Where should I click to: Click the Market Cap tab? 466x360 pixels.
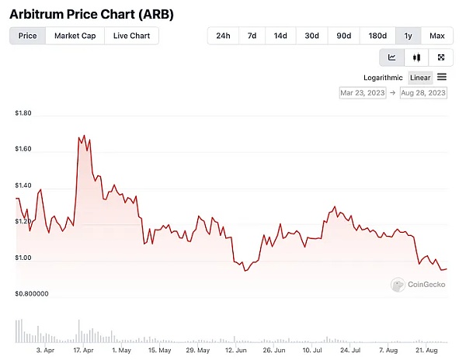[75, 36]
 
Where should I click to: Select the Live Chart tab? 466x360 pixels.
[131, 36]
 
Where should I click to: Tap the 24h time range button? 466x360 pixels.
[223, 36]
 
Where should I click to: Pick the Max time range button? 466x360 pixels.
[436, 36]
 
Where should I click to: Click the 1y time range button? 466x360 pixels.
[408, 36]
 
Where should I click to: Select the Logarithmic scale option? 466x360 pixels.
[383, 78]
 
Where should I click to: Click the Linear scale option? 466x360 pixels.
[420, 78]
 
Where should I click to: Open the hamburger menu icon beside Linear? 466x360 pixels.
[442, 77]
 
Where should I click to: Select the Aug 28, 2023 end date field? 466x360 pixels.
[423, 93]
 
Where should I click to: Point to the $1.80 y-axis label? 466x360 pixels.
[23, 113]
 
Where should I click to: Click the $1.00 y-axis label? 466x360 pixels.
[23, 258]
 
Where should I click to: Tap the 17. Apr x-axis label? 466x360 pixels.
[83, 351]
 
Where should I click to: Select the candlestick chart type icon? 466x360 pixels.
[417, 57]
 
